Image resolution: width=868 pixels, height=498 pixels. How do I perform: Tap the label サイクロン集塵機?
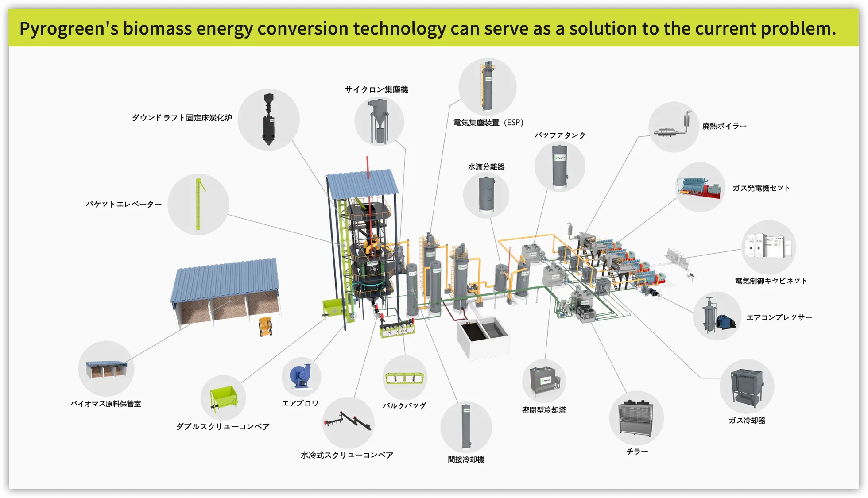pyautogui.click(x=376, y=90)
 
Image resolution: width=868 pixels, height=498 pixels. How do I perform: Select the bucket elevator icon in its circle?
pyautogui.click(x=199, y=204)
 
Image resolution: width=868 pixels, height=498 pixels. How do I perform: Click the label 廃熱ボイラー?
pyautogui.click(x=725, y=126)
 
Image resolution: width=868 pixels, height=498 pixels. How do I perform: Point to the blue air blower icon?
pyautogui.click(x=301, y=377)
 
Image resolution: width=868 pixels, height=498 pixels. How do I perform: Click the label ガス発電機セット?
pyautogui.click(x=761, y=188)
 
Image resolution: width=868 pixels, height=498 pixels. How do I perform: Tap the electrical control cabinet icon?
pyautogui.click(x=768, y=246)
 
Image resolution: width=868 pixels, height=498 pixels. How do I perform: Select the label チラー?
pyautogui.click(x=637, y=452)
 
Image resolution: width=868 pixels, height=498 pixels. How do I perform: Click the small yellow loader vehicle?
pyautogui.click(x=265, y=326)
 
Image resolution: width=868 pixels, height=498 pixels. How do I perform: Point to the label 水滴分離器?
pyautogui.click(x=486, y=167)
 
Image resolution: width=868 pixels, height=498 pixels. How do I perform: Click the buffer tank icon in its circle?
pyautogui.click(x=560, y=166)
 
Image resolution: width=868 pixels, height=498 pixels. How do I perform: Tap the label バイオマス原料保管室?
pyautogui.click(x=105, y=404)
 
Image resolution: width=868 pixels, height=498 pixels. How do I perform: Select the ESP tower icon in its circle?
pyautogui.click(x=487, y=86)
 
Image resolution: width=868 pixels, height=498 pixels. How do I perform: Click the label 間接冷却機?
pyautogui.click(x=466, y=459)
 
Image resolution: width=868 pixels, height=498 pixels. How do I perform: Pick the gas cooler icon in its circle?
pyautogui.click(x=747, y=386)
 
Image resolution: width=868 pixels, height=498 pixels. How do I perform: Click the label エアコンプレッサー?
pyautogui.click(x=779, y=317)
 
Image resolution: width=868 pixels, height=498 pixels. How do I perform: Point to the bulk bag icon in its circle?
pyautogui.click(x=404, y=378)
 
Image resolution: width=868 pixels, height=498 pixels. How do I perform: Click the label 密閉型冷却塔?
pyautogui.click(x=544, y=410)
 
